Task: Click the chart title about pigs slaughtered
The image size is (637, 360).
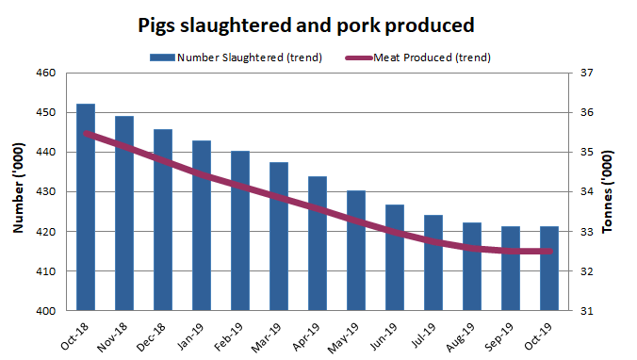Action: [x=318, y=24]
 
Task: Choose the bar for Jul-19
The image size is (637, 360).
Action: [x=433, y=263]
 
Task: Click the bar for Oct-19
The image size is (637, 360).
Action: [x=549, y=269]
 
